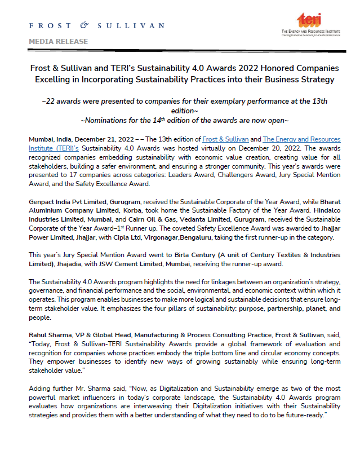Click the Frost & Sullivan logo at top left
point(96,26)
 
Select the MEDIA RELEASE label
point(58,42)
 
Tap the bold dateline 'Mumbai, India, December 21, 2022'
point(82,139)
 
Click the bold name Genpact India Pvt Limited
point(70,201)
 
